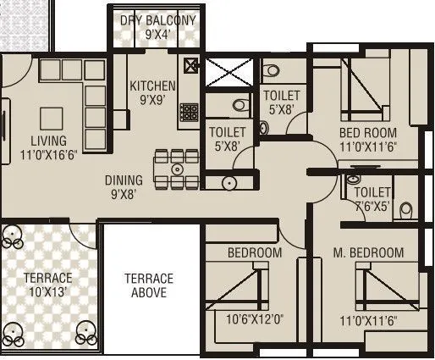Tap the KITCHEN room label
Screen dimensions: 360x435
click(152, 86)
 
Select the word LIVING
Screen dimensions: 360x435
click(48, 140)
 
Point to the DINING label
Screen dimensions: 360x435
click(124, 180)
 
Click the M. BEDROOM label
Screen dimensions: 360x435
click(368, 252)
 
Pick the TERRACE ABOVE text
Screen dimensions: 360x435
click(149, 285)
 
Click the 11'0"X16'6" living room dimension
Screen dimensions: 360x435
click(48, 155)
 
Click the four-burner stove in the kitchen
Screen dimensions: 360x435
click(189, 112)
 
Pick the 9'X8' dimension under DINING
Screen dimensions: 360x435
click(124, 194)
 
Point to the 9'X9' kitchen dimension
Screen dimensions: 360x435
click(152, 100)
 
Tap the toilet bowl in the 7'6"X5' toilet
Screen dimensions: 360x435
click(406, 208)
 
